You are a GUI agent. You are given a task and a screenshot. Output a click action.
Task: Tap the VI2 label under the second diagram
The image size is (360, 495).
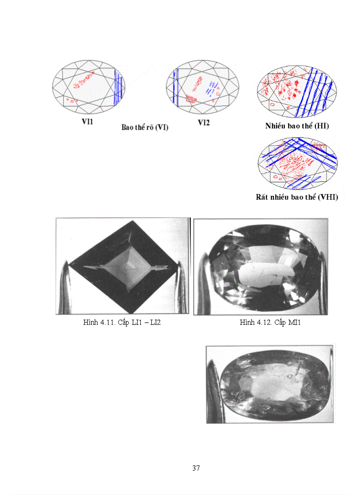coord(203,123)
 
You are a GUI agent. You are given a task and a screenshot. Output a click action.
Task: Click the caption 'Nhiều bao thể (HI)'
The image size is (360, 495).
coord(297,126)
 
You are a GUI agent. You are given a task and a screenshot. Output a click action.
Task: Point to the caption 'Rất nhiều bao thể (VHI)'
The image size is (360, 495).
coord(297,197)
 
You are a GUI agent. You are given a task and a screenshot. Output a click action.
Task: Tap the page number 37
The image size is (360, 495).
coord(196,468)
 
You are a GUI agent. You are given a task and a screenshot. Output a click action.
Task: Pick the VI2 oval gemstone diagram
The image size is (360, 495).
coord(202,87)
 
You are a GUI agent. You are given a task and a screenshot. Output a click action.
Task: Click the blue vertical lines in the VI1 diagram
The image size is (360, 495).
coord(118,87)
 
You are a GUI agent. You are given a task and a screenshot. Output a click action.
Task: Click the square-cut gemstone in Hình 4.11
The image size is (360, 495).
coord(124,267)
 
